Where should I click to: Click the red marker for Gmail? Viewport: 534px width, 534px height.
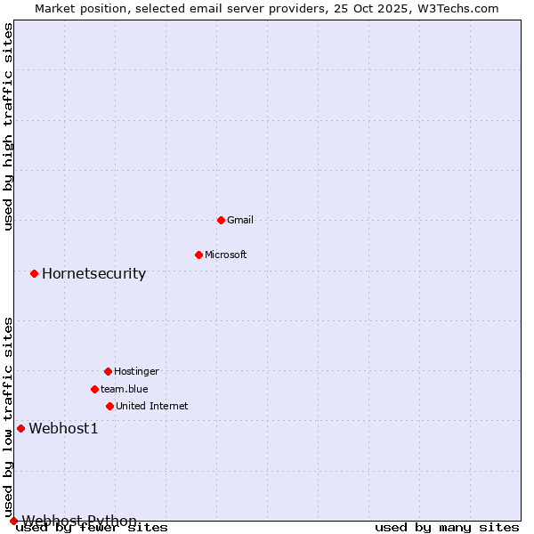221,220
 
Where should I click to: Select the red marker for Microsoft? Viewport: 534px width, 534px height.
198,255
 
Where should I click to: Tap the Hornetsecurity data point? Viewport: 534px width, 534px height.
34,273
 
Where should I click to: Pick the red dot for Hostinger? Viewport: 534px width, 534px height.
108,371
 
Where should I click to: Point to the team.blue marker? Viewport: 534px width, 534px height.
94,389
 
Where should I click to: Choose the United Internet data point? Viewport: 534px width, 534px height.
109,406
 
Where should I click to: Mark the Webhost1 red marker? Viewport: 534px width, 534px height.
20,428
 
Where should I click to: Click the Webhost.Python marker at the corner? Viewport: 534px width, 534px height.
13,521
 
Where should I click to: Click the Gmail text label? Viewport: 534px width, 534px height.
240,220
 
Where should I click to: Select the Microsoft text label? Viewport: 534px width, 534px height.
226,255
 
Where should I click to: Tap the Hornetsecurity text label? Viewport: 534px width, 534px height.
93,273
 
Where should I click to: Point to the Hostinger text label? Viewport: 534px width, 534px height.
136,371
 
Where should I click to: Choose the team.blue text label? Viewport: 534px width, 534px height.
125,389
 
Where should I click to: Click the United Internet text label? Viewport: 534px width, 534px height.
152,406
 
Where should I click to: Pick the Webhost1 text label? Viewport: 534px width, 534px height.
63,428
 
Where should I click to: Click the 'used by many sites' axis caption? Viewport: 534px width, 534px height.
447,528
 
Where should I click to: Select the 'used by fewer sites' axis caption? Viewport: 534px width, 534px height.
92,528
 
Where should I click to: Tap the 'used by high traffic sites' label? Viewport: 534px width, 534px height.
9,126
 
